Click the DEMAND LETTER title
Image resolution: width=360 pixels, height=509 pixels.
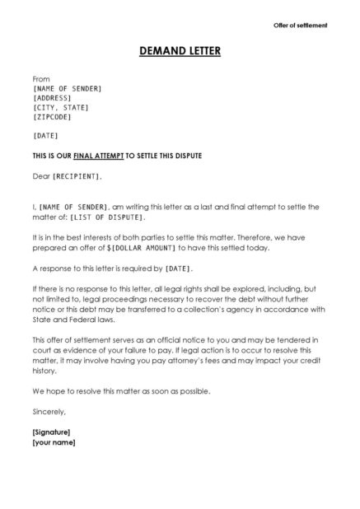180,52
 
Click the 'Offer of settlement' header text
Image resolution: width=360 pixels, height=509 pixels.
300,26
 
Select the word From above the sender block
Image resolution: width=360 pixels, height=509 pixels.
41,79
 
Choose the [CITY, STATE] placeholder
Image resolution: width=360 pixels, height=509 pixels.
60,107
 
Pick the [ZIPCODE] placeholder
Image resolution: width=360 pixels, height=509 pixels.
53,117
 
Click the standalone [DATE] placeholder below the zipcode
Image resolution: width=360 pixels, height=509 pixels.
45,135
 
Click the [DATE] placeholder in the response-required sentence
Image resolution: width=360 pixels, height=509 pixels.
180,269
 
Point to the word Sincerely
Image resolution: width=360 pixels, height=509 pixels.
49,410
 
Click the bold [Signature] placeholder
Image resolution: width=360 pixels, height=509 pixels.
51,432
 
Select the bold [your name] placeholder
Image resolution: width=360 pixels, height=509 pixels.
54,442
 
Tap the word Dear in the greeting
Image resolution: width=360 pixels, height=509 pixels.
41,176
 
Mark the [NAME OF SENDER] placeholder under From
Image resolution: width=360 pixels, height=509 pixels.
68,88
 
